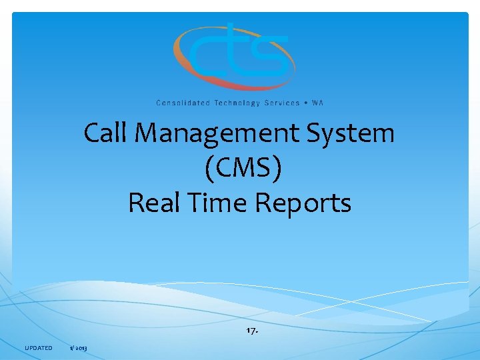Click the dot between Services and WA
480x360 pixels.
pyautogui.click(x=306, y=103)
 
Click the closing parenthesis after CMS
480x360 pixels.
pyautogui.click(x=277, y=169)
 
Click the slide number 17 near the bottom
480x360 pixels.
pyautogui.click(x=251, y=330)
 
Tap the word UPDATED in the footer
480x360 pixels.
pyautogui.click(x=38, y=348)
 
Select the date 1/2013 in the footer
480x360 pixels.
pyautogui.click(x=79, y=348)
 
